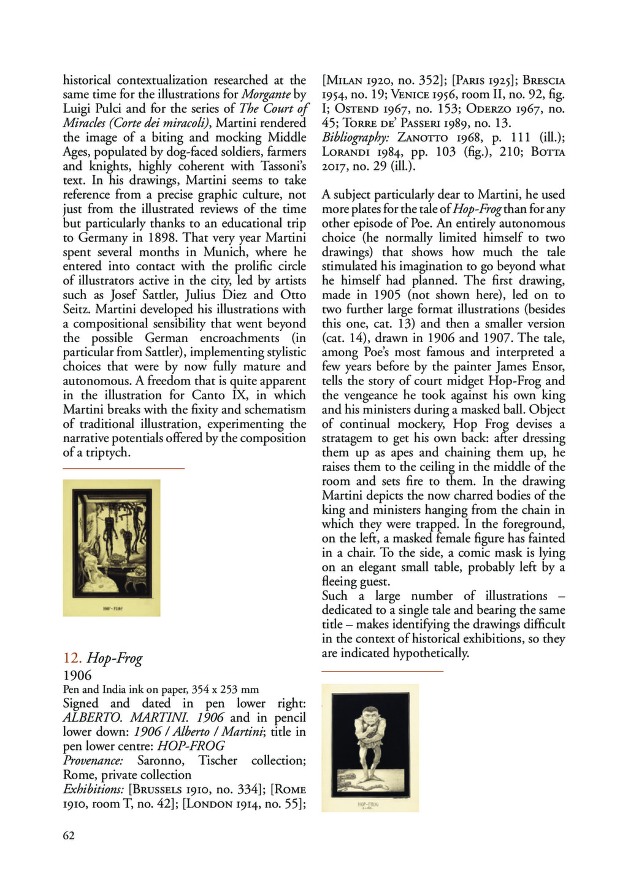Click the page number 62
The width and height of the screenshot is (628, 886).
[x=69, y=835]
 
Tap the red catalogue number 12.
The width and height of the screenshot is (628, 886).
[x=72, y=659]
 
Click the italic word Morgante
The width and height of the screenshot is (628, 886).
[x=266, y=94]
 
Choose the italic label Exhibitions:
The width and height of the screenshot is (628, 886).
[x=93, y=790]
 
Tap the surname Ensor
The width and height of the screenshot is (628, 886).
[x=548, y=367]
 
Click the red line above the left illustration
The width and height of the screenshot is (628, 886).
[x=123, y=468]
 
